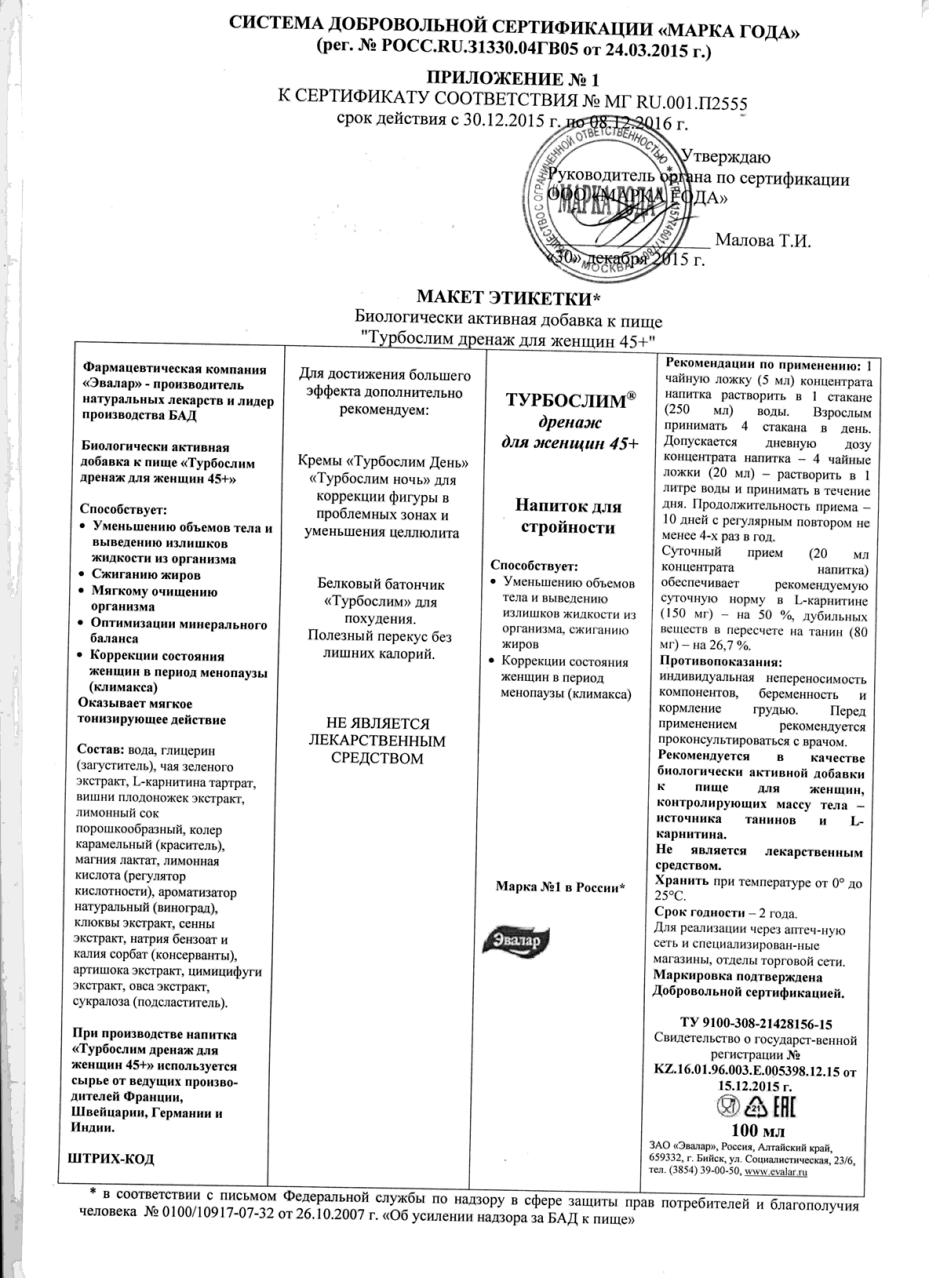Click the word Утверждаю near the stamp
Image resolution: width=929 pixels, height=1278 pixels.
click(726, 157)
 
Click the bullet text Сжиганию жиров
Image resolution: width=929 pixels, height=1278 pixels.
click(147, 575)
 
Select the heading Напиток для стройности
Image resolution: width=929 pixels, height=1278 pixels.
click(568, 517)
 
